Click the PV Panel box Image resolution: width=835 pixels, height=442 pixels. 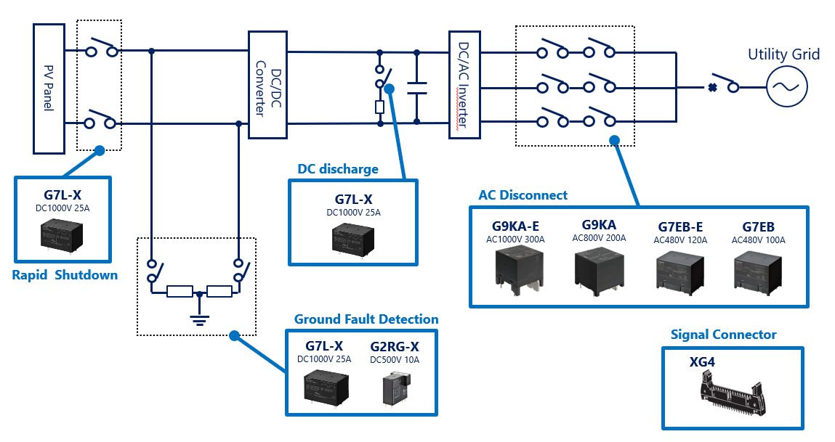49,88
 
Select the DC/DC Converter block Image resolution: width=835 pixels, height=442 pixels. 267,85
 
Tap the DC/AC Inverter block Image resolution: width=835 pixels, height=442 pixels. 464,85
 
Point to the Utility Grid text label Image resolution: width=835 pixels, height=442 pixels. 783,54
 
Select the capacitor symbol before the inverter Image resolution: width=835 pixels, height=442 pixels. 416,88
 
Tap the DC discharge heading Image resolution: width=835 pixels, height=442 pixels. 338,169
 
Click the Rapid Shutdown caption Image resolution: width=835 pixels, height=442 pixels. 65,275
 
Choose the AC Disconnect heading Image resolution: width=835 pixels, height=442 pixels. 523,195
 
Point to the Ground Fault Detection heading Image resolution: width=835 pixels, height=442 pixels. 366,319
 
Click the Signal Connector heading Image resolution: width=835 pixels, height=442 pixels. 723,335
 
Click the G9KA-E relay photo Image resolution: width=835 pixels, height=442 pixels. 516,273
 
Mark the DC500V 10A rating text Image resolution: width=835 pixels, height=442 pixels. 395,359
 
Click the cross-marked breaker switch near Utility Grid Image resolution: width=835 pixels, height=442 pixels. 723,85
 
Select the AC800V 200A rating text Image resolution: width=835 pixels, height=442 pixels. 599,238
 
